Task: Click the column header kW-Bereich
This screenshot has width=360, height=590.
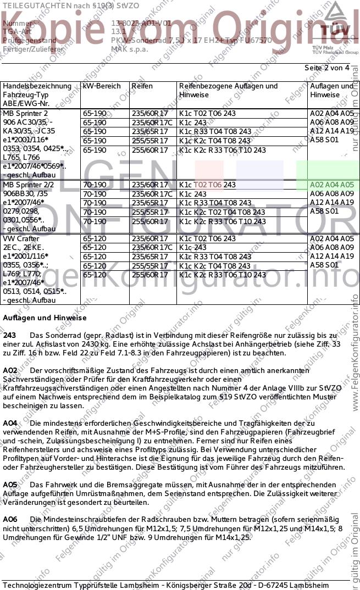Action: [x=101, y=86]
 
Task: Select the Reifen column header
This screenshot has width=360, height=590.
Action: [x=142, y=86]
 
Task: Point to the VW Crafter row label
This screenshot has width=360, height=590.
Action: [x=21, y=238]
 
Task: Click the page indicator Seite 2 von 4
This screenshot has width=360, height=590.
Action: [x=326, y=68]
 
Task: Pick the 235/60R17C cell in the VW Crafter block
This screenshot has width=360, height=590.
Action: [x=152, y=247]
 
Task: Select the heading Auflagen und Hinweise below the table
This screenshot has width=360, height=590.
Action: [x=45, y=318]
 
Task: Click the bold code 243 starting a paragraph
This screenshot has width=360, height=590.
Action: [x=9, y=335]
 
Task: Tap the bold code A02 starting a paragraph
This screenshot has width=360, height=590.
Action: [x=10, y=371]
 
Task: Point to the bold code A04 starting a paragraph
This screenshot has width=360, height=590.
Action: [x=10, y=424]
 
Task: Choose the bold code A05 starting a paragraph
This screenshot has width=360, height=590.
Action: [x=10, y=485]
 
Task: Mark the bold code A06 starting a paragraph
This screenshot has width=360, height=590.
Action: [x=10, y=519]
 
